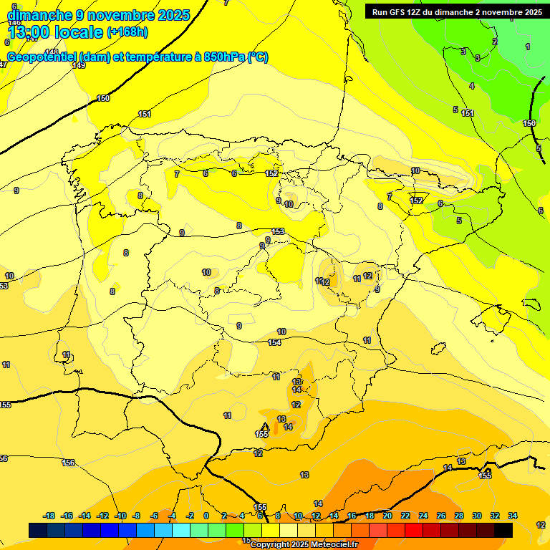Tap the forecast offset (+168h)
pyautogui.click(x=127, y=32)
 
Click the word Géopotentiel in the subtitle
pyautogui.click(x=40, y=57)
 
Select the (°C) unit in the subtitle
pyautogui.click(x=258, y=57)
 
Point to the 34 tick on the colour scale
pyautogui.click(x=513, y=516)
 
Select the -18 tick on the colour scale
pyautogui.click(x=49, y=516)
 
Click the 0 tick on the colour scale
pyautogui.click(x=206, y=516)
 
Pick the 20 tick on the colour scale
pyautogui.click(x=387, y=516)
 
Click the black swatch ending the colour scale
pyautogui.click(x=503, y=530)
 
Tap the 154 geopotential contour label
pyautogui.click(x=274, y=342)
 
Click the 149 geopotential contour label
pyautogui.click(x=79, y=65)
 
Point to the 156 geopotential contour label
pyautogui.click(x=68, y=463)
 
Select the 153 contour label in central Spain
pyautogui.click(x=278, y=231)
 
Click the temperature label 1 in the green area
pyautogui.click(x=528, y=47)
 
